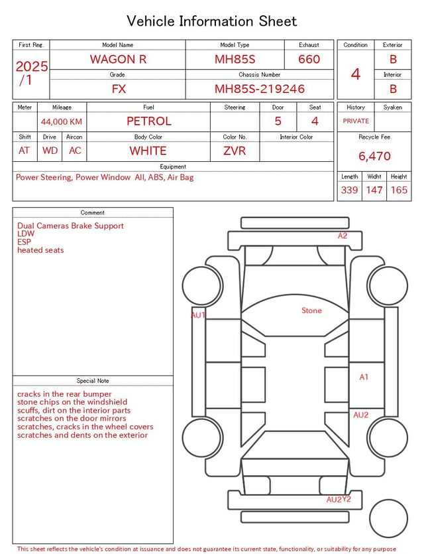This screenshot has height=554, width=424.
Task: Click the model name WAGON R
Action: pyautogui.click(x=118, y=59)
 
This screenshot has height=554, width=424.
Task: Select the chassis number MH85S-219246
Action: pyautogui.click(x=259, y=89)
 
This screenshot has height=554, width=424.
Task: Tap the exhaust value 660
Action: pyautogui.click(x=309, y=59)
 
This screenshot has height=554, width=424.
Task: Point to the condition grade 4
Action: pyautogui.click(x=356, y=74)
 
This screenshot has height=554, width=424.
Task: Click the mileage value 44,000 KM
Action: pyautogui.click(x=62, y=122)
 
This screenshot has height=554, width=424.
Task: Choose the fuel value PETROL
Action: pyautogui.click(x=149, y=121)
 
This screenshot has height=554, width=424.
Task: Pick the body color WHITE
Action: pyautogui.click(x=148, y=151)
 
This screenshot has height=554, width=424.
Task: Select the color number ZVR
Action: pyautogui.click(x=235, y=151)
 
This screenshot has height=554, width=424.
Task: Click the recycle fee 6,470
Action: pyautogui.click(x=374, y=156)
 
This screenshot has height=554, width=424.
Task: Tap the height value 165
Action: pyautogui.click(x=399, y=190)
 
